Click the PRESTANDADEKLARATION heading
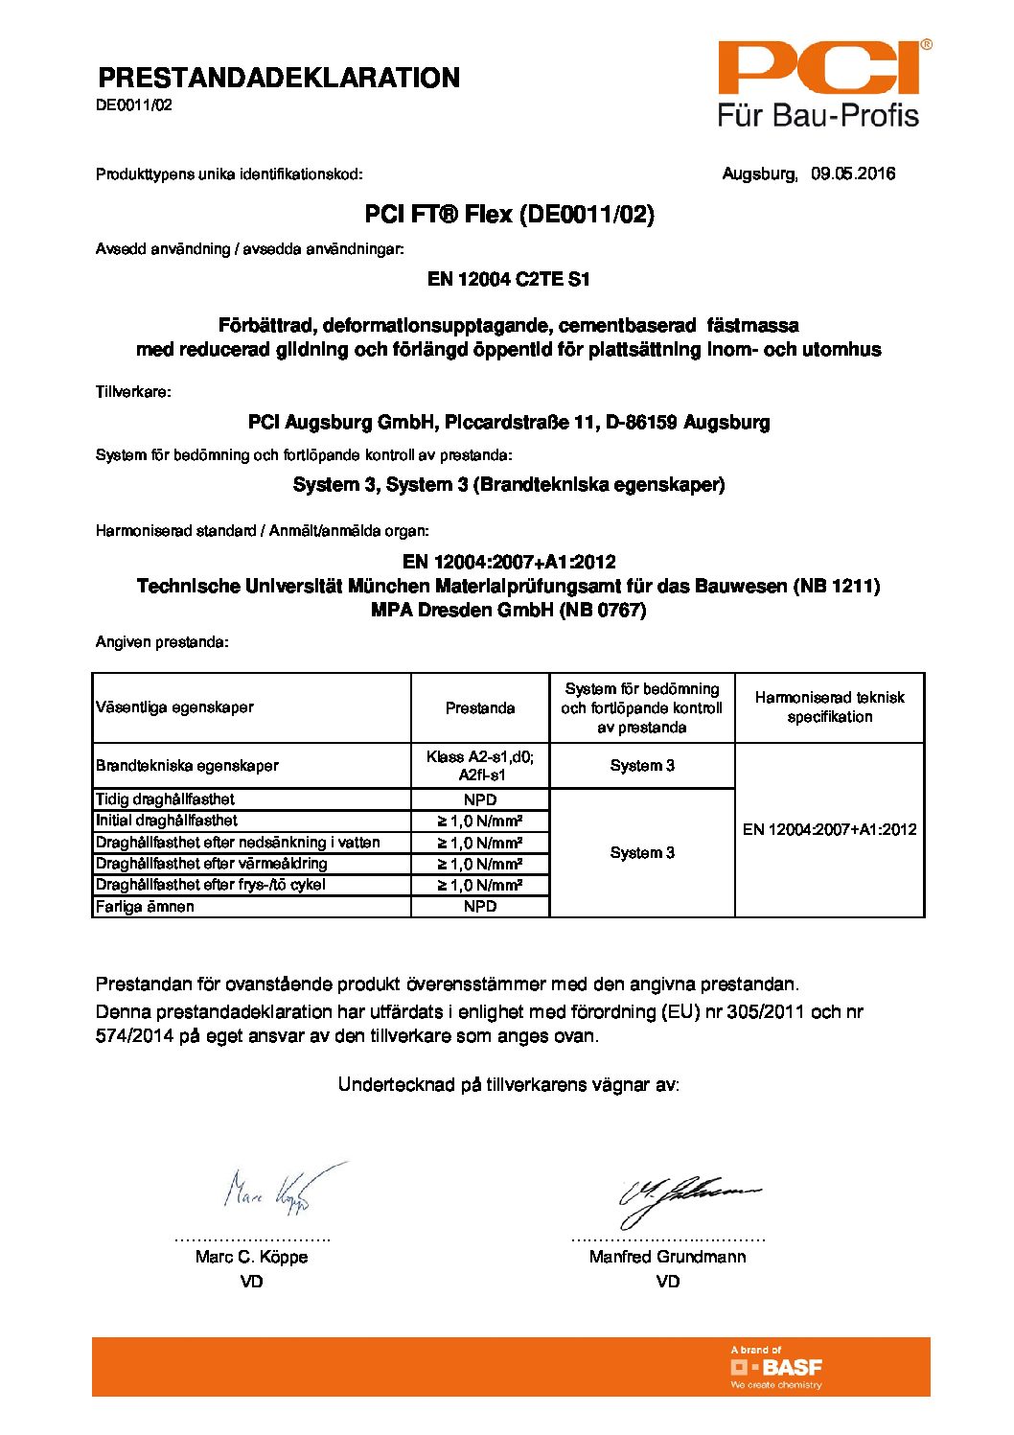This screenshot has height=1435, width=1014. [x=279, y=78]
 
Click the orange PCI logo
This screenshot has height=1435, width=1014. [x=819, y=69]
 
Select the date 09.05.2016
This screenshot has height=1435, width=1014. [x=853, y=174]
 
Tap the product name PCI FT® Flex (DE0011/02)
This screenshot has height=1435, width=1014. [x=509, y=214]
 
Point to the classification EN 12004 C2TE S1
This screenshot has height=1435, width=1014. [x=509, y=279]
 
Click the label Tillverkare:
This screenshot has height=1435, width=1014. [x=133, y=391]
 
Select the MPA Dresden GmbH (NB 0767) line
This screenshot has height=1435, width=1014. [x=509, y=610]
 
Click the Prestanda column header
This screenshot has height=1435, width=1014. [x=480, y=708]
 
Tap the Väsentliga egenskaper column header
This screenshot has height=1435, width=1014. [x=174, y=707]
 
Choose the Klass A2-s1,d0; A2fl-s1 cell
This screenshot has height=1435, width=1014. [x=480, y=765]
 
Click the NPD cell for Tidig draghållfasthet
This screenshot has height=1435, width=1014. [x=480, y=799]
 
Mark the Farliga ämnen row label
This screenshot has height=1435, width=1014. [x=145, y=906]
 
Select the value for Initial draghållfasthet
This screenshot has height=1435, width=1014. [x=480, y=821]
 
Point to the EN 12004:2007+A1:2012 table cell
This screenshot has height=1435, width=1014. [x=829, y=829]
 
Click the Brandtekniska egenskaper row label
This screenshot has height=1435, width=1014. [x=187, y=765]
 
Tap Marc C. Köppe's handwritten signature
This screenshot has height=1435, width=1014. [x=273, y=1192]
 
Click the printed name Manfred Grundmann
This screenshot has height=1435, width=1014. [x=667, y=1256]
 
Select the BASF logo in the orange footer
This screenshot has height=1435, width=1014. [x=776, y=1367]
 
